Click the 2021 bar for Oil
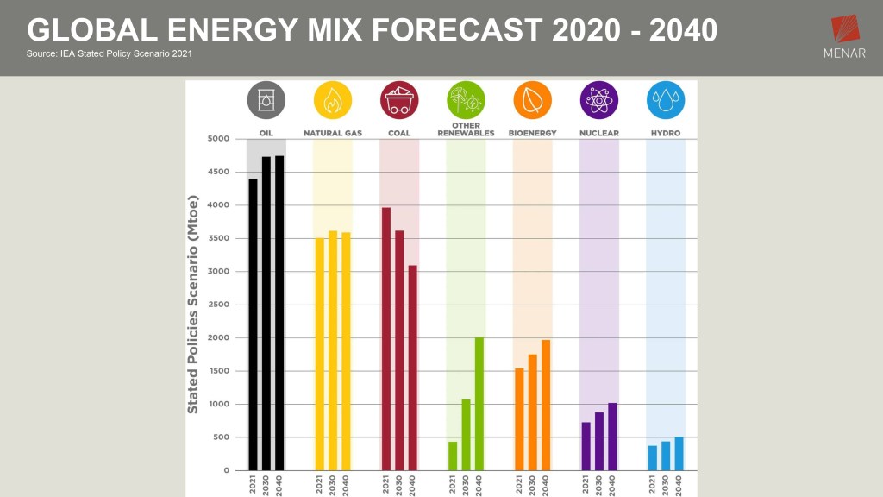pyautogui.click(x=253, y=324)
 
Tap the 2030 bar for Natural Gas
pyautogui.click(x=333, y=350)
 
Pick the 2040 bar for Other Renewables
pyautogui.click(x=479, y=404)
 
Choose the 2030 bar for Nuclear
pyautogui.click(x=599, y=441)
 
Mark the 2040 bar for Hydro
pyautogui.click(x=679, y=454)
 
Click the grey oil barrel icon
pyautogui.click(x=266, y=100)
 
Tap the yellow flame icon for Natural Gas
pyautogui.click(x=332, y=100)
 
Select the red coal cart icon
pyautogui.click(x=399, y=100)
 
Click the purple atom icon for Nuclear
pyautogui.click(x=599, y=100)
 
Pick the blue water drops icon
pyautogui.click(x=666, y=100)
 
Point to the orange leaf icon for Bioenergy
pyautogui.click(x=532, y=100)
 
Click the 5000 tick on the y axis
pyautogui.click(x=218, y=139)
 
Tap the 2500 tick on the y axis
pyautogui.click(x=218, y=305)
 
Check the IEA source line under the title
pyautogui.click(x=110, y=54)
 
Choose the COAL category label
pyautogui.click(x=399, y=133)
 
